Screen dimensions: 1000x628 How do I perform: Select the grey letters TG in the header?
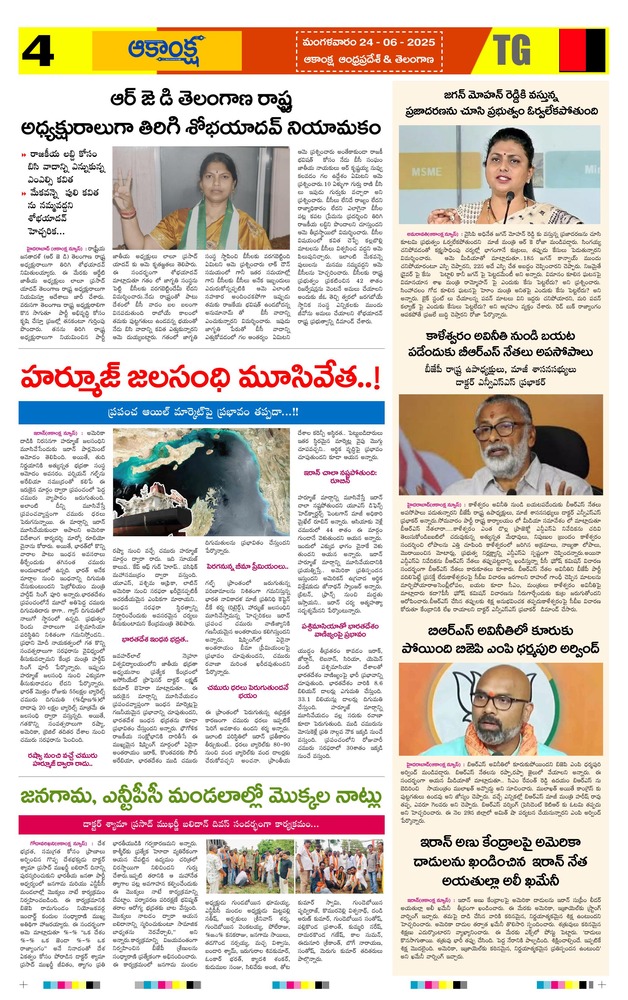(512, 50)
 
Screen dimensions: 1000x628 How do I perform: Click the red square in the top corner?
(572, 51)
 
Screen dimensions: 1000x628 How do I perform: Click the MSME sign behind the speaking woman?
(427, 171)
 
